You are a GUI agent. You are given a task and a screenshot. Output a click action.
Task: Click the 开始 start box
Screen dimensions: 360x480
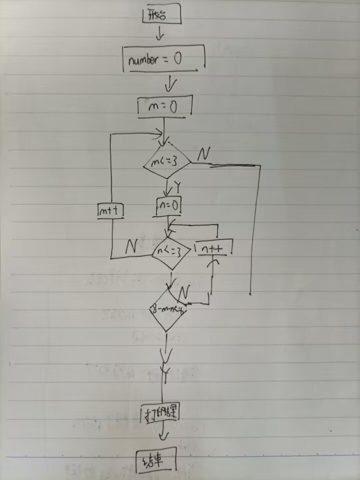pyautogui.click(x=161, y=15)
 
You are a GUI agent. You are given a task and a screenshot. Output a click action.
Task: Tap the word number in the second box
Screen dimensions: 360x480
pyautogui.click(x=143, y=61)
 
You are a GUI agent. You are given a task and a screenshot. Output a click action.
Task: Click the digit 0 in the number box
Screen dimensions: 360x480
pyautogui.click(x=178, y=59)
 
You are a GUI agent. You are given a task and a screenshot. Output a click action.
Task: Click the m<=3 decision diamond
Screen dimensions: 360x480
pyautogui.click(x=167, y=162)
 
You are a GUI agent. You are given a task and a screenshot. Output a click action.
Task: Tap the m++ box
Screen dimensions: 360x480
pyautogui.click(x=110, y=212)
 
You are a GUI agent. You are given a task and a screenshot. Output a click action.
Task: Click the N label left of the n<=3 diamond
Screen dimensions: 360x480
pyautogui.click(x=131, y=246)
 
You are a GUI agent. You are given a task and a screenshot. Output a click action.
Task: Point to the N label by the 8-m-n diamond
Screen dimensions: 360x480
pyautogui.click(x=184, y=292)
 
